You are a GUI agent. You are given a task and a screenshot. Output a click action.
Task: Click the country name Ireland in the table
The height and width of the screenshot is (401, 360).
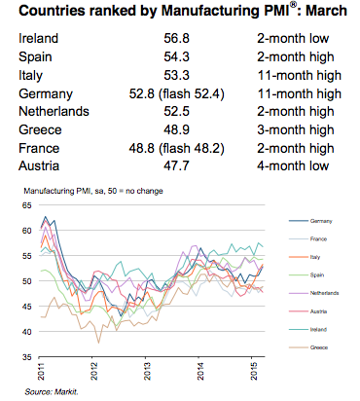(x=38, y=40)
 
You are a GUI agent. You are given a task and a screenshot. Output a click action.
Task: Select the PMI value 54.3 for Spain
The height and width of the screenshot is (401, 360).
(x=178, y=57)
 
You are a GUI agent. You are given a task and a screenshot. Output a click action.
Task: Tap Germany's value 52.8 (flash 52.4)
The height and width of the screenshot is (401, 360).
(x=178, y=93)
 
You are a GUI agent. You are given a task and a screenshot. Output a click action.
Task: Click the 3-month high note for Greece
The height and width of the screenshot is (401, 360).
(x=289, y=129)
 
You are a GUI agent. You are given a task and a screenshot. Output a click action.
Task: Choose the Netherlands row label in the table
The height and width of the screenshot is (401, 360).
(x=54, y=111)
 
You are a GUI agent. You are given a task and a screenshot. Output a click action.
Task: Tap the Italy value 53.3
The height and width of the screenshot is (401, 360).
(x=178, y=76)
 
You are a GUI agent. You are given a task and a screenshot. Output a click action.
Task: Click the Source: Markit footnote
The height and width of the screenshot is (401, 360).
(x=49, y=391)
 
